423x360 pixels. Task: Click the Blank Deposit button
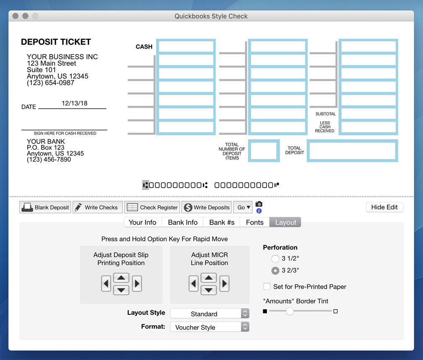(45, 207)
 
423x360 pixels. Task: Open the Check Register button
(152, 207)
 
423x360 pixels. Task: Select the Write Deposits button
(207, 207)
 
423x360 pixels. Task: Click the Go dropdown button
(244, 207)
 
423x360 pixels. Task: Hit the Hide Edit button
(384, 207)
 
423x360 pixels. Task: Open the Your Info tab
(142, 222)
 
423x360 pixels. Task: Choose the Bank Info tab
(183, 222)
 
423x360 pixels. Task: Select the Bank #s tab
(222, 222)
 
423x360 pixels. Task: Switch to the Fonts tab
(255, 222)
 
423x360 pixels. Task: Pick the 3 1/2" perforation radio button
(275, 259)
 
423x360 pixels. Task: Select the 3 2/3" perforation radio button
(275, 271)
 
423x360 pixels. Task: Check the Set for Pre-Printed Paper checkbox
(267, 287)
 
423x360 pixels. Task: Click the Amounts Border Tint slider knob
(290, 311)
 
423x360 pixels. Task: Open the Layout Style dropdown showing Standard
(209, 313)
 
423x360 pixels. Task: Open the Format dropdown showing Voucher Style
(209, 327)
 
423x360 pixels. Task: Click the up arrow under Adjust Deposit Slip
(121, 278)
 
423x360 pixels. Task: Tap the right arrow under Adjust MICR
(225, 284)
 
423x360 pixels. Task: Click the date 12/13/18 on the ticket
(74, 103)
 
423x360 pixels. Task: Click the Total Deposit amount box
(352, 151)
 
